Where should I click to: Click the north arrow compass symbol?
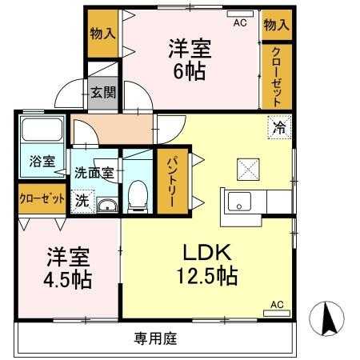point(327,318)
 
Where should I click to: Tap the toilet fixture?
point(138,197)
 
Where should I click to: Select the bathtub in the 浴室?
point(42,130)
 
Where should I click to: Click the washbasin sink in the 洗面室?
point(107,206)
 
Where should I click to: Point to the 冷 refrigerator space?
point(279,127)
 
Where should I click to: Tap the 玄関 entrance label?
point(103,92)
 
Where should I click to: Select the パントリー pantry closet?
point(172,182)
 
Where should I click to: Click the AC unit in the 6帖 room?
point(240,14)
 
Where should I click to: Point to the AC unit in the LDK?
point(277,313)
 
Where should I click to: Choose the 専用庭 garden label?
point(155,338)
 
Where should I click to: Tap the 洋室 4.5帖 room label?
point(68,268)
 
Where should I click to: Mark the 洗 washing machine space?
point(82,202)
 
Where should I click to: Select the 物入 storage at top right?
point(276,25)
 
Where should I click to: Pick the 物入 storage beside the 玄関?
point(103,34)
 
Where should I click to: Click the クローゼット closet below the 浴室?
point(42,198)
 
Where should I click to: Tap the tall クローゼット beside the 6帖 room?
point(277,76)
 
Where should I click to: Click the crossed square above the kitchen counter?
point(248,170)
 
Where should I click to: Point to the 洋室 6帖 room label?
point(190,60)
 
